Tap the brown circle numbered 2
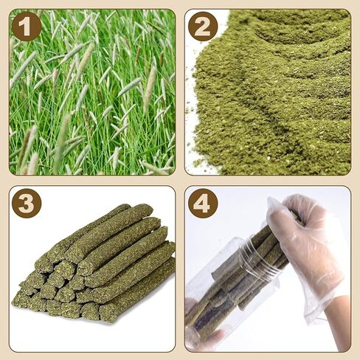tap(203, 27)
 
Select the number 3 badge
tap(27, 203)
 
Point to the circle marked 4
tap(203, 203)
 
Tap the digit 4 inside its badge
tap(203, 203)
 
